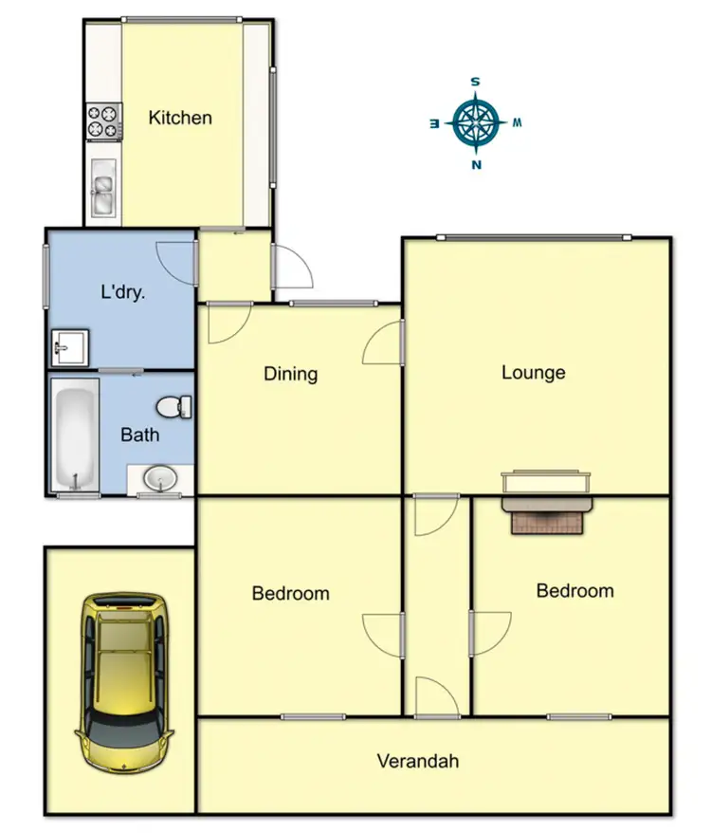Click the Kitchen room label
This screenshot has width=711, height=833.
tap(180, 118)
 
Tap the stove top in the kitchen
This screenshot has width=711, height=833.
tap(104, 120)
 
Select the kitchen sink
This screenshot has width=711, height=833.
tap(103, 186)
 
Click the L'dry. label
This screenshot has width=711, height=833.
tap(122, 292)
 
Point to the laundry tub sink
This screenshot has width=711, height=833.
tap(68, 347)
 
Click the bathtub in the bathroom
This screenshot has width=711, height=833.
tap(75, 435)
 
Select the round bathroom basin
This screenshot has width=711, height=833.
tap(160, 478)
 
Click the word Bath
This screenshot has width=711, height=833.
tap(139, 435)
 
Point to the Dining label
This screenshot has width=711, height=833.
tap(290, 374)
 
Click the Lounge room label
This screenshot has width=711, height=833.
tap(533, 373)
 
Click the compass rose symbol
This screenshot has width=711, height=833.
tap(476, 122)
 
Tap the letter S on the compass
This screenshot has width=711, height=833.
tap(476, 82)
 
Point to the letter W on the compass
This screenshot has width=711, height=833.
tap(518, 122)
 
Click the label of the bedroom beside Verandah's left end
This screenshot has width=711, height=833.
tap(290, 594)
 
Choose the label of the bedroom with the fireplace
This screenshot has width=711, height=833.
tap(574, 591)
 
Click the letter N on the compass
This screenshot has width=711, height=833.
tap(476, 164)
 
